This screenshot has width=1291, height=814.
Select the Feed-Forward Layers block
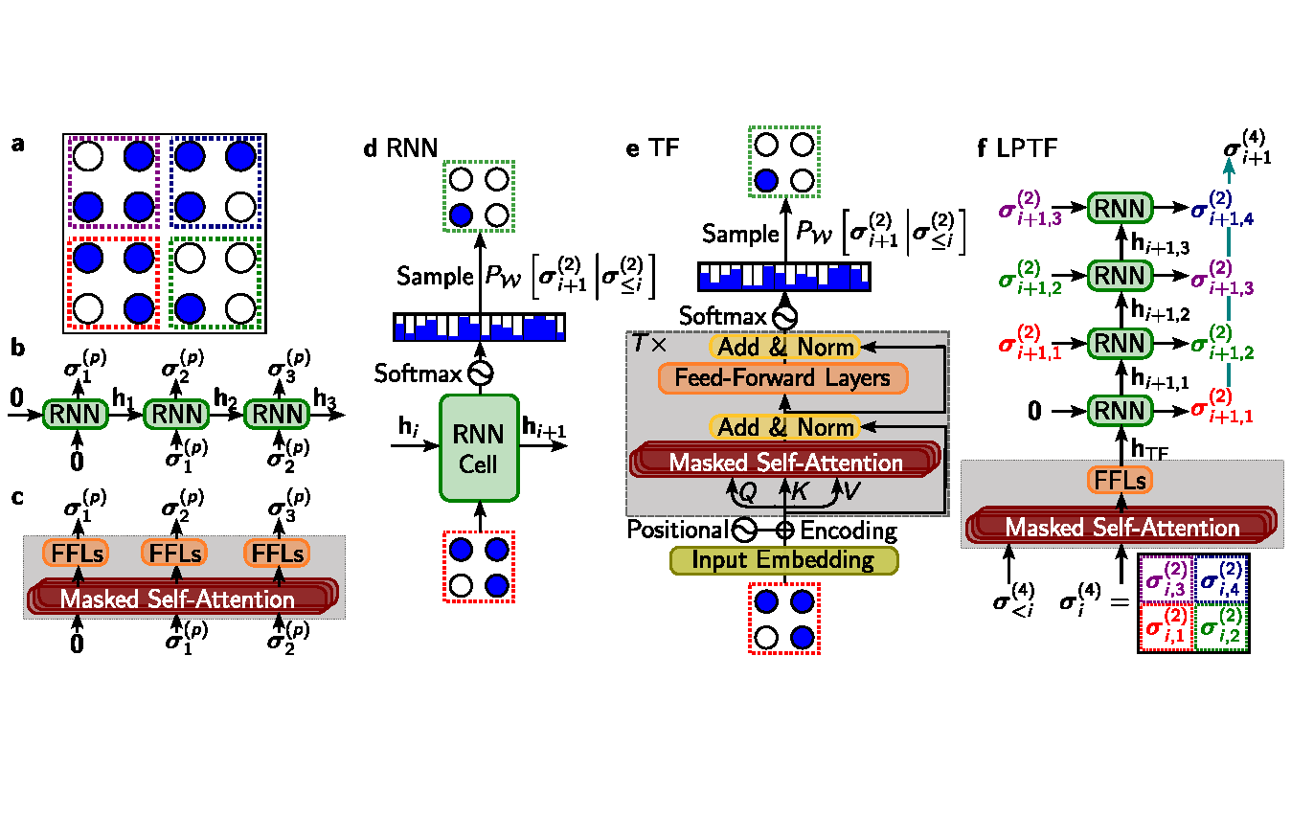(782, 378)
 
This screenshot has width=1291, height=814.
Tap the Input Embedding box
(784, 559)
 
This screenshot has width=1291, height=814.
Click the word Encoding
(849, 530)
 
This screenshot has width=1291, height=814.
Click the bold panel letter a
(17, 146)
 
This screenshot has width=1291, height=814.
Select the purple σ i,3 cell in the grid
(1166, 581)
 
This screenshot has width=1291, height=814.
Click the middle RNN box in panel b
(174, 415)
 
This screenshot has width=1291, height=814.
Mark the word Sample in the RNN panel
(434, 277)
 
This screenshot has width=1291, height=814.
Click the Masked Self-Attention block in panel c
(176, 599)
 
